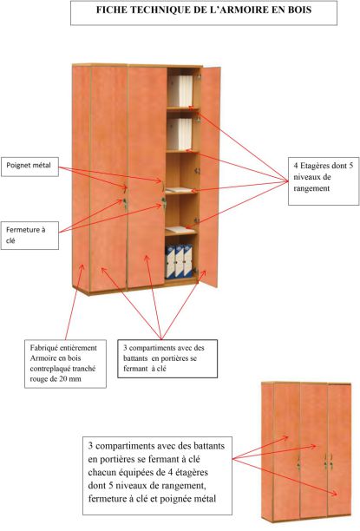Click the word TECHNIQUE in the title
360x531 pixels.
click(x=160, y=10)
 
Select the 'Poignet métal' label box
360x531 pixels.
click(x=29, y=167)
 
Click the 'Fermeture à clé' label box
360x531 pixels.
click(x=29, y=235)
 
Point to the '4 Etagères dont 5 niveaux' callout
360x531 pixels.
click(x=324, y=180)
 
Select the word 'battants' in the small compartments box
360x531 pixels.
click(x=135, y=358)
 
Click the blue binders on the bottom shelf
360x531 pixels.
click(x=179, y=261)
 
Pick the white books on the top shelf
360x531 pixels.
click(x=180, y=91)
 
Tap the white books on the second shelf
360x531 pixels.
click(x=180, y=134)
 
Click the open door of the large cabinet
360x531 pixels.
click(x=210, y=177)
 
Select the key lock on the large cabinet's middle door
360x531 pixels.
click(x=164, y=202)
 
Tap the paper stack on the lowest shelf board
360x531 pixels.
click(x=180, y=229)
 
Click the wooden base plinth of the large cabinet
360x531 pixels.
click(x=135, y=289)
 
